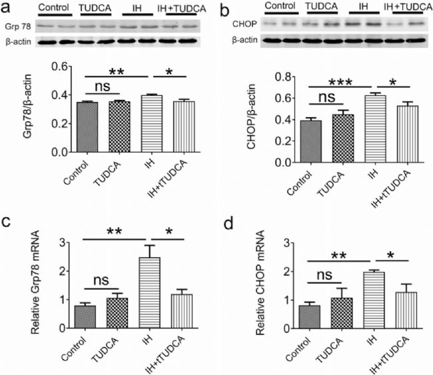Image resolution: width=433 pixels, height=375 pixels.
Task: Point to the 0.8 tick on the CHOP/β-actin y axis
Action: (x=288, y=77)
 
